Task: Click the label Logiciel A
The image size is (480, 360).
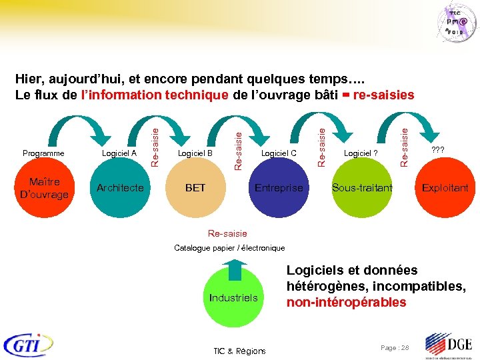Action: [x=119, y=153]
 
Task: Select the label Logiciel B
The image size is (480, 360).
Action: [x=195, y=153]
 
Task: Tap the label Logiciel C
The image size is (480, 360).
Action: [x=279, y=153]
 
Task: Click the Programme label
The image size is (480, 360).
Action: [x=43, y=153]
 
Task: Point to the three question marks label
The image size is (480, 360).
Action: [x=438, y=150]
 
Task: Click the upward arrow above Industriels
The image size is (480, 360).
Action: [x=233, y=268]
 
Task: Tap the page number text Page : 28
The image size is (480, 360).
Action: [x=394, y=348]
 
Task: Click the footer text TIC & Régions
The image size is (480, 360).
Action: [x=239, y=351]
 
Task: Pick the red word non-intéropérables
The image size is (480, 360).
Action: [x=346, y=302]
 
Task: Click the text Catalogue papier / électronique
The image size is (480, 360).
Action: [x=229, y=248]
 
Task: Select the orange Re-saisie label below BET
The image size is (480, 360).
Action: [x=227, y=233]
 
